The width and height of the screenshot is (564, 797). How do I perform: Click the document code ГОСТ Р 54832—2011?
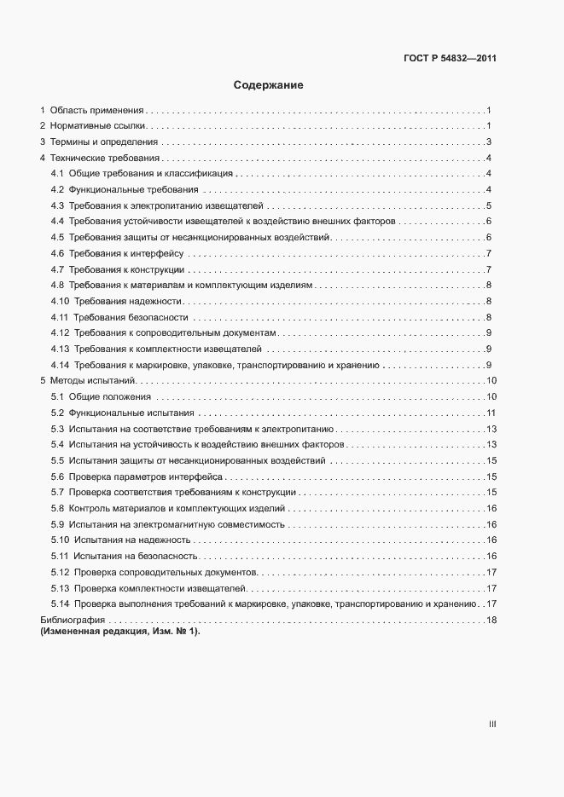point(449,59)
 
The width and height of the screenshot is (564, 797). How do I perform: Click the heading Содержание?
point(269,85)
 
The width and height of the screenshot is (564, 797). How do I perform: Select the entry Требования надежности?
point(128,301)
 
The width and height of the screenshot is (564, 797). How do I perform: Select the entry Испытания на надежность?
point(131,540)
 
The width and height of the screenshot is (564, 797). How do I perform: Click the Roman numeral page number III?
point(492,725)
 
